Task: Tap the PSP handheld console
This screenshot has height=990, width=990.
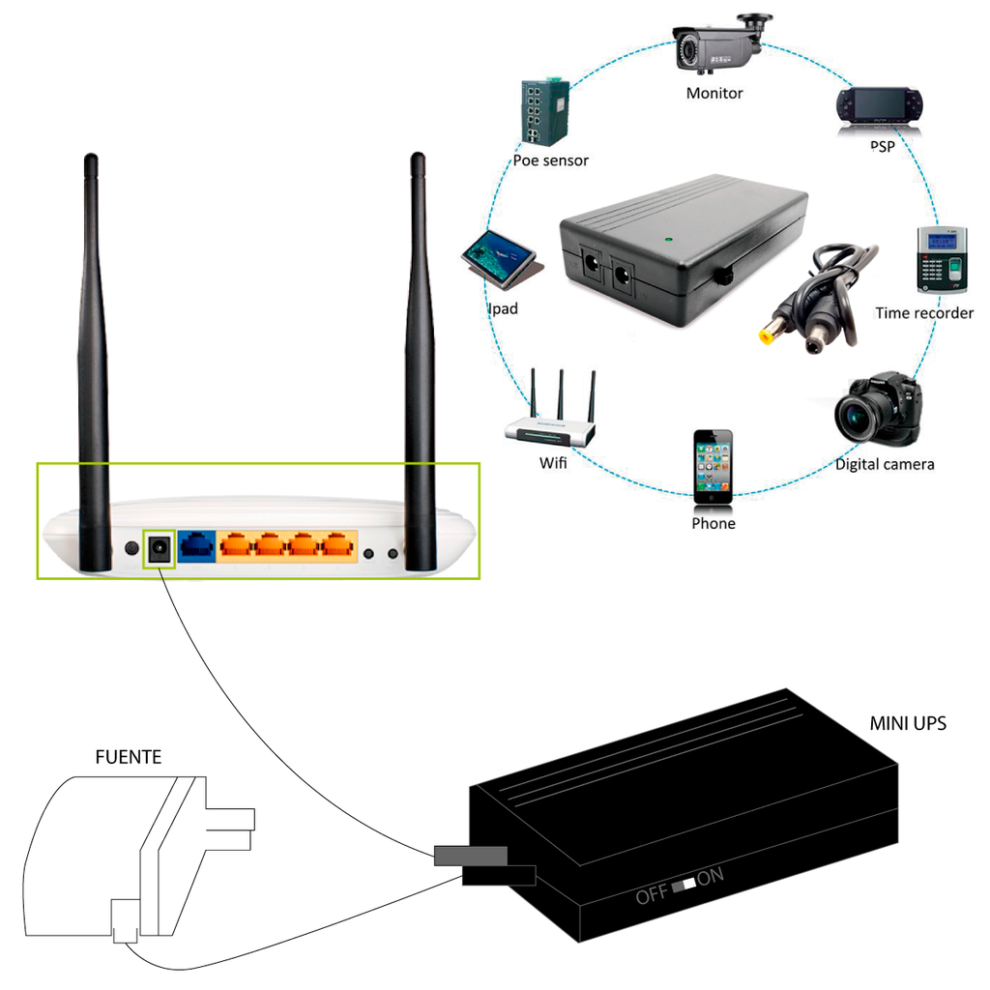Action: tap(880, 104)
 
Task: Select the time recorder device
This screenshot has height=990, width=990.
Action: tap(941, 260)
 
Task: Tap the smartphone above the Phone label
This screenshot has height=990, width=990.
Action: tap(713, 465)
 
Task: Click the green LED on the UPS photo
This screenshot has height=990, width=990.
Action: tap(667, 236)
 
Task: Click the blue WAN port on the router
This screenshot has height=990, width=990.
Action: tap(197, 546)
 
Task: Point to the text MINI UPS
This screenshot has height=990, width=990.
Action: tap(907, 723)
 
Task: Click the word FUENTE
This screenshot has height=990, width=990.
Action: tap(128, 757)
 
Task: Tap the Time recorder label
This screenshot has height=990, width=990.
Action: tap(923, 312)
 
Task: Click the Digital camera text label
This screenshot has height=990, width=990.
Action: tap(884, 464)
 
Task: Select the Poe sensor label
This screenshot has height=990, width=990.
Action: tap(550, 160)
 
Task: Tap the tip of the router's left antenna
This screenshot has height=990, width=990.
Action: tap(91, 159)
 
